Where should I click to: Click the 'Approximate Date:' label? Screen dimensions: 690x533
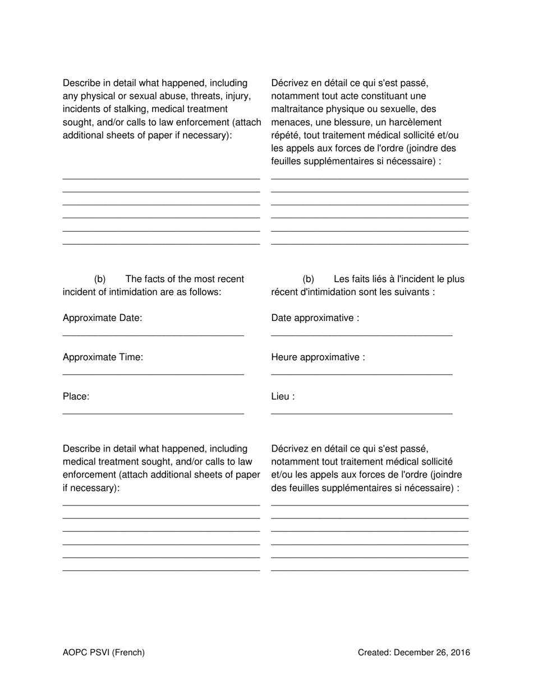pyautogui.click(x=102, y=318)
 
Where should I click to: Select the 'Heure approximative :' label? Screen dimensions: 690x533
pyautogui.click(x=318, y=357)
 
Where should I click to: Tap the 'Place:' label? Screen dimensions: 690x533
pyautogui.click(x=76, y=397)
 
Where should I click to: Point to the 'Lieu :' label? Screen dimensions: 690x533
pyautogui.click(x=283, y=397)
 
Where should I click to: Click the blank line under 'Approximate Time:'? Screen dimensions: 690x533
pyautogui.click(x=153, y=374)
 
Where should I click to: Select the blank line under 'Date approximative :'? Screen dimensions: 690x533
pyautogui.click(x=361, y=335)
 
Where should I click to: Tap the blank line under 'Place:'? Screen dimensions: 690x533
pyautogui.click(x=153, y=414)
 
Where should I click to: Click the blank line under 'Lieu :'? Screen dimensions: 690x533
pyautogui.click(x=361, y=414)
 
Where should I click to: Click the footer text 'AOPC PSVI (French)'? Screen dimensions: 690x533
pyautogui.click(x=104, y=652)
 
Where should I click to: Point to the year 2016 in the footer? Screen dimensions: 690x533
pyautogui.click(x=460, y=652)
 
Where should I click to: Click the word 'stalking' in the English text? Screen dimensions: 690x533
pyautogui.click(x=127, y=109)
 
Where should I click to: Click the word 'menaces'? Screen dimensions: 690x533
pyautogui.click(x=290, y=122)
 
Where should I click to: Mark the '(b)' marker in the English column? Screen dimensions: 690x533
pyautogui.click(x=100, y=279)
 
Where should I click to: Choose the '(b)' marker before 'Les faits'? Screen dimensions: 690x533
pyautogui.click(x=308, y=279)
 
